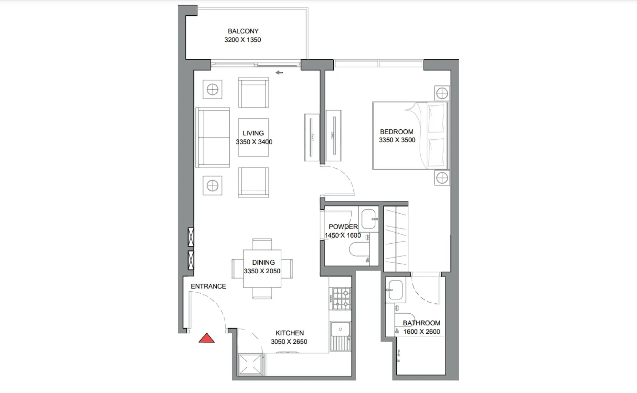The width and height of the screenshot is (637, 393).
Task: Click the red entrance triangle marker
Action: (206, 339)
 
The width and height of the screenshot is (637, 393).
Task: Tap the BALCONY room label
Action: (243, 31)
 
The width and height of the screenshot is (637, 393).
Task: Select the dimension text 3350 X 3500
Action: (397, 140)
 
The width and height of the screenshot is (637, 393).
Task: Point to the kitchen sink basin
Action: (340, 329)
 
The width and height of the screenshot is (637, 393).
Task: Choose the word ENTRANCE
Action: (208, 286)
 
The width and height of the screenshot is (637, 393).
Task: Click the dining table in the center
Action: (262, 268)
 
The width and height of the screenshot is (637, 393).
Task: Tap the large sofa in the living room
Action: (212, 137)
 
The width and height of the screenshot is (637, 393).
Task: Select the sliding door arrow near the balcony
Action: (279, 73)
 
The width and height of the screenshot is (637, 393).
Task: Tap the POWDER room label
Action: (343, 227)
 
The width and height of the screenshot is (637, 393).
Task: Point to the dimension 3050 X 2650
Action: (289, 342)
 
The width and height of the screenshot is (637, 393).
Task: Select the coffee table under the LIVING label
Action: (253, 138)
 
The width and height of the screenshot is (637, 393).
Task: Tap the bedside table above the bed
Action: (442, 94)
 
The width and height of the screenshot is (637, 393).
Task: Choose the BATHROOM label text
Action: (421, 323)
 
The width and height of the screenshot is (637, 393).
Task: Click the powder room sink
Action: (369, 219)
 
